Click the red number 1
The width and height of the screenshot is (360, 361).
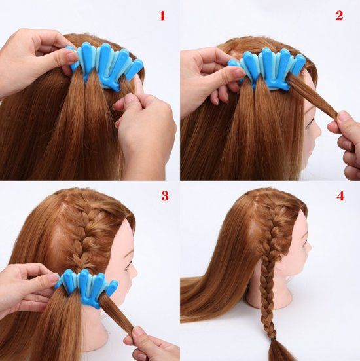point(162,15)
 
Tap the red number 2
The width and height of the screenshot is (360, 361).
point(339,15)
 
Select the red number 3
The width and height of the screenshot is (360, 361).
point(164,196)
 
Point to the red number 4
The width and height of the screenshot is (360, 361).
point(339,196)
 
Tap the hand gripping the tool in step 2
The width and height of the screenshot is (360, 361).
point(206,72)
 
